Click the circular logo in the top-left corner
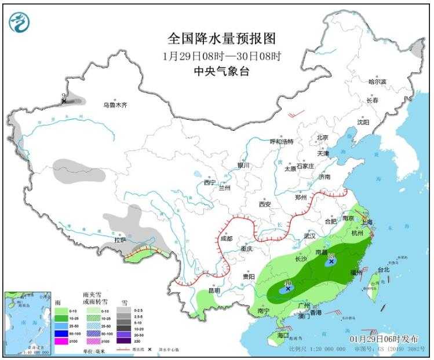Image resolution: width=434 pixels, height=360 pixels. point(19,21)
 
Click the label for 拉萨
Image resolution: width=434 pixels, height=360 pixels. point(120,239)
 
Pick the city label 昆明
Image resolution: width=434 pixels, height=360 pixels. point(213,291)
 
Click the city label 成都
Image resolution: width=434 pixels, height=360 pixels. point(226,238)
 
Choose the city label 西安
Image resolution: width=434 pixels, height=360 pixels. point(265,204)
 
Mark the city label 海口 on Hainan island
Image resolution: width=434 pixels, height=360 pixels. point(283,335)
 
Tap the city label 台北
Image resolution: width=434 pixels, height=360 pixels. point(384,270)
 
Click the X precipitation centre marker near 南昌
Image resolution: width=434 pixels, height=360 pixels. point(331,262)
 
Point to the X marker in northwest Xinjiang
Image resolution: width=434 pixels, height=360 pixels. point(64,102)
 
